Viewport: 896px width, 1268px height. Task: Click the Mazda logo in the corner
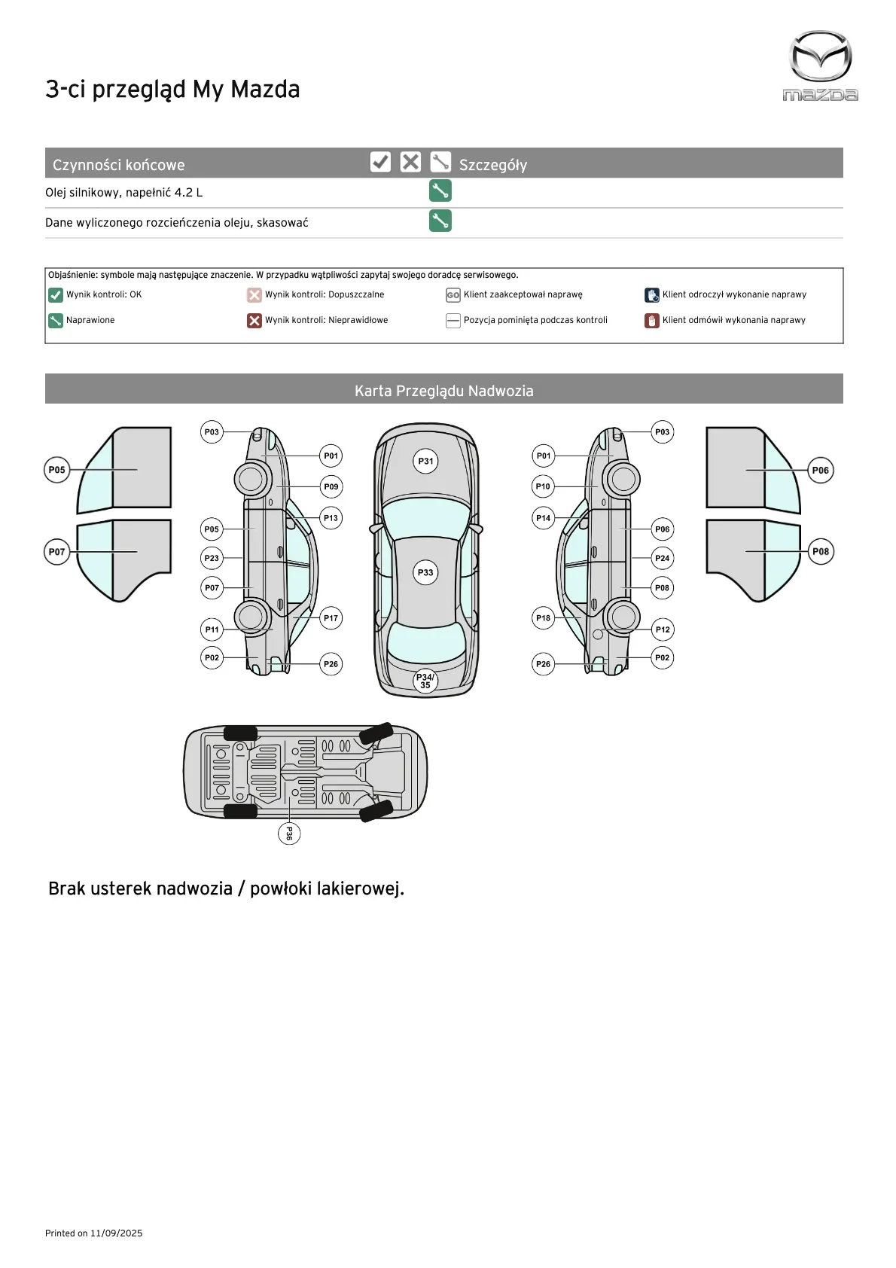click(x=820, y=66)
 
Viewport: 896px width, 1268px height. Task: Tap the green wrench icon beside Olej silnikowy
click(x=440, y=191)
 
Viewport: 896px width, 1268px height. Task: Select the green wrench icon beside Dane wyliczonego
click(x=440, y=221)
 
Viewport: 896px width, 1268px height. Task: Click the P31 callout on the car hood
click(x=426, y=462)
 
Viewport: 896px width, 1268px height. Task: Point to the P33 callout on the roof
click(x=425, y=573)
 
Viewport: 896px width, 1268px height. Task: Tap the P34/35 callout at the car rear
click(x=425, y=681)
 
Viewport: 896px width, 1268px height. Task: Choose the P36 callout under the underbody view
click(x=288, y=834)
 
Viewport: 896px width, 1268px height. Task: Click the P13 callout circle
click(x=331, y=518)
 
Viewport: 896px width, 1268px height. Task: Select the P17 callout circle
click(x=331, y=618)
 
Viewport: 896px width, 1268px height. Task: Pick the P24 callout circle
click(x=662, y=559)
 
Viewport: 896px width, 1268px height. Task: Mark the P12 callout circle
click(x=662, y=629)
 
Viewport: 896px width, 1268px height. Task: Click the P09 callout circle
click(x=331, y=487)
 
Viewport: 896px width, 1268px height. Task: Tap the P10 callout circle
click(x=543, y=486)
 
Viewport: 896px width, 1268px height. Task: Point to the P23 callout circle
click(x=212, y=559)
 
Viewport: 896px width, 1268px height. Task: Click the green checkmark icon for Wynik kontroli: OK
click(x=55, y=295)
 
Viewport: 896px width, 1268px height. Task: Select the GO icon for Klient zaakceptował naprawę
click(x=453, y=295)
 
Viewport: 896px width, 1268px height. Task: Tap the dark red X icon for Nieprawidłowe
click(x=254, y=321)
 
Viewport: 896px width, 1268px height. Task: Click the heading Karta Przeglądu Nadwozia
click(x=443, y=391)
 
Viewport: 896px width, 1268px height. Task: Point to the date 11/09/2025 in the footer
click(x=116, y=1233)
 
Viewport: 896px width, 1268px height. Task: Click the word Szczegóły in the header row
click(x=492, y=165)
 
